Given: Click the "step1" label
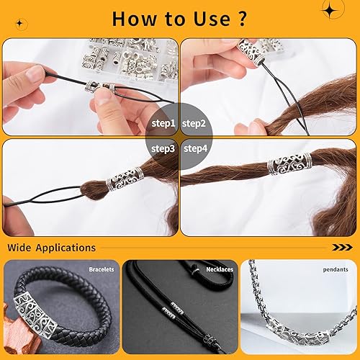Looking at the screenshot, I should (163, 123).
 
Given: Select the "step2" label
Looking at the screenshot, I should (194, 123).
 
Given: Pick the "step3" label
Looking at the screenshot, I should (163, 148).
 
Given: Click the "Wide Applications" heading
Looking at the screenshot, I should (51, 248).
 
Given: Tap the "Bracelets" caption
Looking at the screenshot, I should (101, 269).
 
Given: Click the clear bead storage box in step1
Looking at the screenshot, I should (130, 58).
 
